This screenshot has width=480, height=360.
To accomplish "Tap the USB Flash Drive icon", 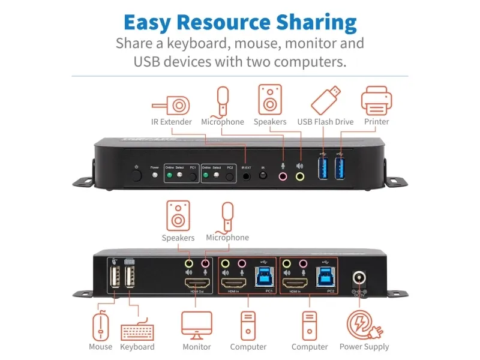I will [x=326, y=100].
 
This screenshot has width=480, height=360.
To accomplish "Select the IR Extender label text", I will [x=172, y=122].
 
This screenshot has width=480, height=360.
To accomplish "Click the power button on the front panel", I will [x=137, y=176].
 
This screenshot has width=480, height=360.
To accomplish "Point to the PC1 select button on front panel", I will [x=193, y=177].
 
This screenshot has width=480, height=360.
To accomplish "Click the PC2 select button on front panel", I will [x=229, y=177].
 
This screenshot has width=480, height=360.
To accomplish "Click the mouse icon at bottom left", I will [x=101, y=326].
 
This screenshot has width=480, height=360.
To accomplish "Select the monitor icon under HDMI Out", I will [x=197, y=325].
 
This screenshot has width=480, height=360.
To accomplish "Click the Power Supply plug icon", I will [x=364, y=325].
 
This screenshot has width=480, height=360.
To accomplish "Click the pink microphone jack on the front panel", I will [x=282, y=176].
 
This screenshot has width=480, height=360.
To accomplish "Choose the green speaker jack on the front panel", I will [x=299, y=176].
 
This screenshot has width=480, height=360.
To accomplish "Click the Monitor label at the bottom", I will [x=197, y=347].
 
